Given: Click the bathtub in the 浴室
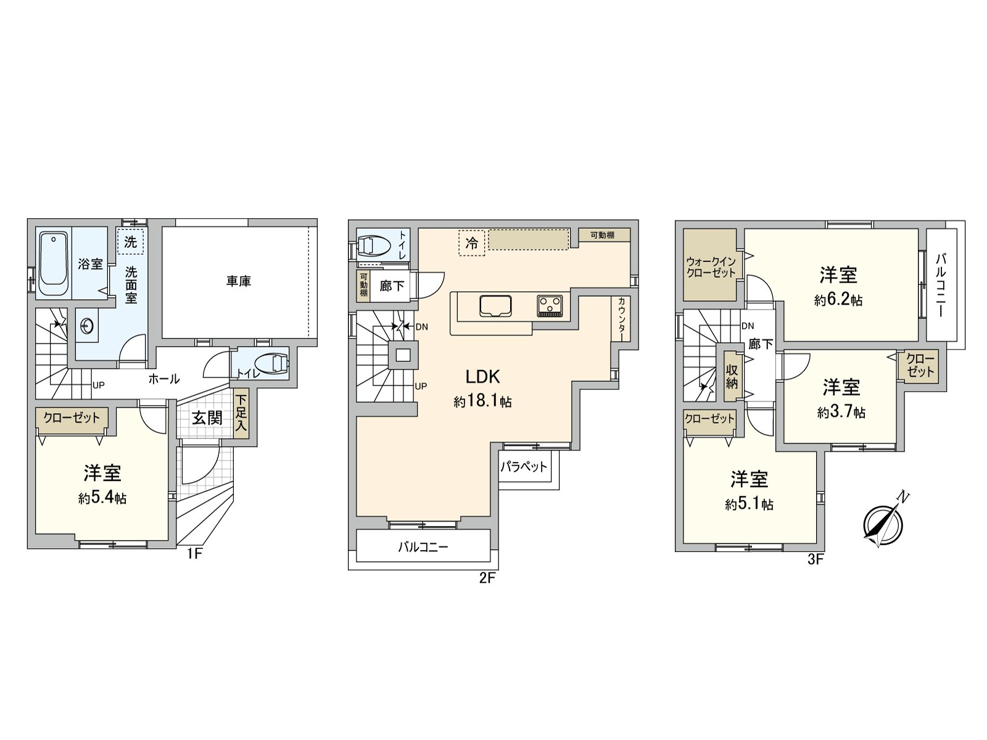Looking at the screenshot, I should click(53, 263).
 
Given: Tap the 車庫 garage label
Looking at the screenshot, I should click(238, 281).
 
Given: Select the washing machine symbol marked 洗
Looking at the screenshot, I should click(130, 242).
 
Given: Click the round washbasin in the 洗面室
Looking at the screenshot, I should click(87, 325).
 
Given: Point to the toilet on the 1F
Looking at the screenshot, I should click(272, 363).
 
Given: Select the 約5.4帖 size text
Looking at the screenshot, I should click(102, 498).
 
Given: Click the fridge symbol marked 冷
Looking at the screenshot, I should click(472, 242).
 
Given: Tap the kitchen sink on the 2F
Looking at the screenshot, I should click(495, 305).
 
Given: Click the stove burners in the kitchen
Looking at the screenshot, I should click(550, 305).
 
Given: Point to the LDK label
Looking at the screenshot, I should click(482, 377).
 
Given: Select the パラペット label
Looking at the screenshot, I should click(524, 466).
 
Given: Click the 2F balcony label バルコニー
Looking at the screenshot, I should click(423, 546).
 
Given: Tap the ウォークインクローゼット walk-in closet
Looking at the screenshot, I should click(711, 265).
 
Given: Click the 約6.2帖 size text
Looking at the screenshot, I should click(838, 300).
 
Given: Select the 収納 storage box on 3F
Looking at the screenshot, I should click(732, 376).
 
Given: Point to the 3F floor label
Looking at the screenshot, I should click(816, 560).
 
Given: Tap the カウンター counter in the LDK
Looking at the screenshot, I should click(621, 318).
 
